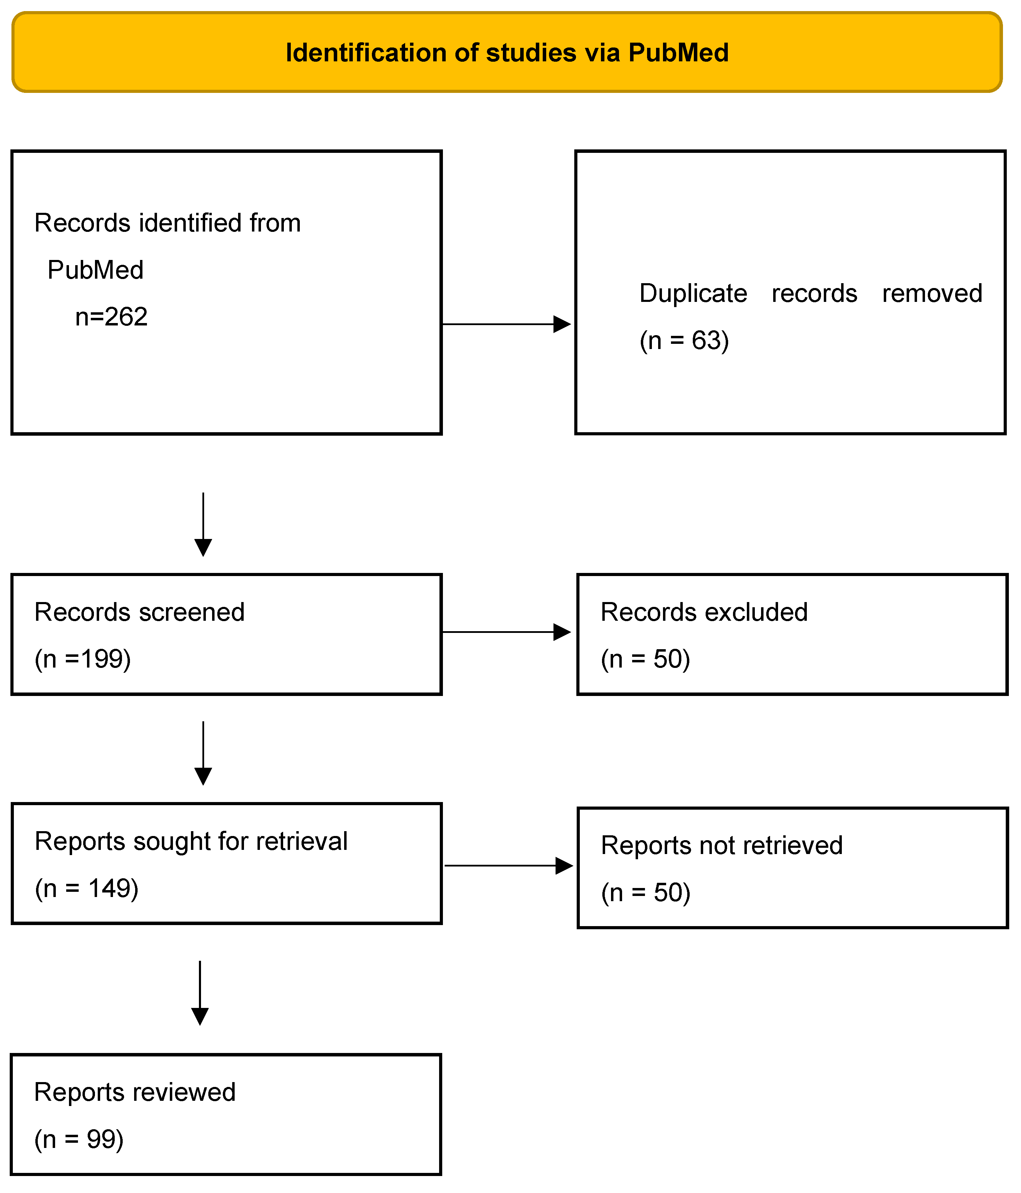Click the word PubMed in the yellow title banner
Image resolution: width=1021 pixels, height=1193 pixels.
[x=678, y=53]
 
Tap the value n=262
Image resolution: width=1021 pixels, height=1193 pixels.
[x=111, y=317]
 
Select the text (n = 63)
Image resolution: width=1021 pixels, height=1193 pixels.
[x=684, y=340]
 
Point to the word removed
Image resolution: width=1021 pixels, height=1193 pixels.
[x=932, y=294]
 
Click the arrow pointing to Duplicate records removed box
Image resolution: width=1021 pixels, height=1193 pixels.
[x=507, y=324]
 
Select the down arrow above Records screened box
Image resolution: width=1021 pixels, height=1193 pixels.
[x=203, y=524]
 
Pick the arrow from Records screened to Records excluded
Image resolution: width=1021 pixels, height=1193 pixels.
[x=507, y=632]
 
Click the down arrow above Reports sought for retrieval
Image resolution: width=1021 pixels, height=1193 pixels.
[x=203, y=752]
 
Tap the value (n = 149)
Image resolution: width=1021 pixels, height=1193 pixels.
[x=86, y=888]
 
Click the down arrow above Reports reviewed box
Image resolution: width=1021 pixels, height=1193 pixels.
[x=200, y=993]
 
